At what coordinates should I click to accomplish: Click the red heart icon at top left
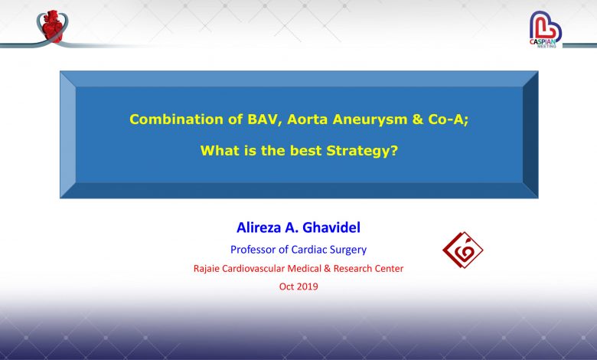[x=53, y=26]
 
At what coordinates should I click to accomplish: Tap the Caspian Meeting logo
[x=546, y=29]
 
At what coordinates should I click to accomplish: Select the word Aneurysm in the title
[x=370, y=119]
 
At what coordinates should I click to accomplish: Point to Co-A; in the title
[x=448, y=119]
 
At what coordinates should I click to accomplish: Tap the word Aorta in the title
[x=307, y=119]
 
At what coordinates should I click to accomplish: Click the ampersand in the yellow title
[x=418, y=119]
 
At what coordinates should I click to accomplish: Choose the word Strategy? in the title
[x=362, y=151]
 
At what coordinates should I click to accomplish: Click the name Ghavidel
[x=331, y=227]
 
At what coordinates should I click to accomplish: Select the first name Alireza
[x=258, y=227]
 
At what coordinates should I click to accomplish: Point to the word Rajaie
[x=207, y=269]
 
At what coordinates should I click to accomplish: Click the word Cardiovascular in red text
[x=253, y=269]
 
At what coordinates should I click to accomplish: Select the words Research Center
[x=368, y=269]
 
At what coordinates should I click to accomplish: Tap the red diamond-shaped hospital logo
[x=462, y=250]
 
